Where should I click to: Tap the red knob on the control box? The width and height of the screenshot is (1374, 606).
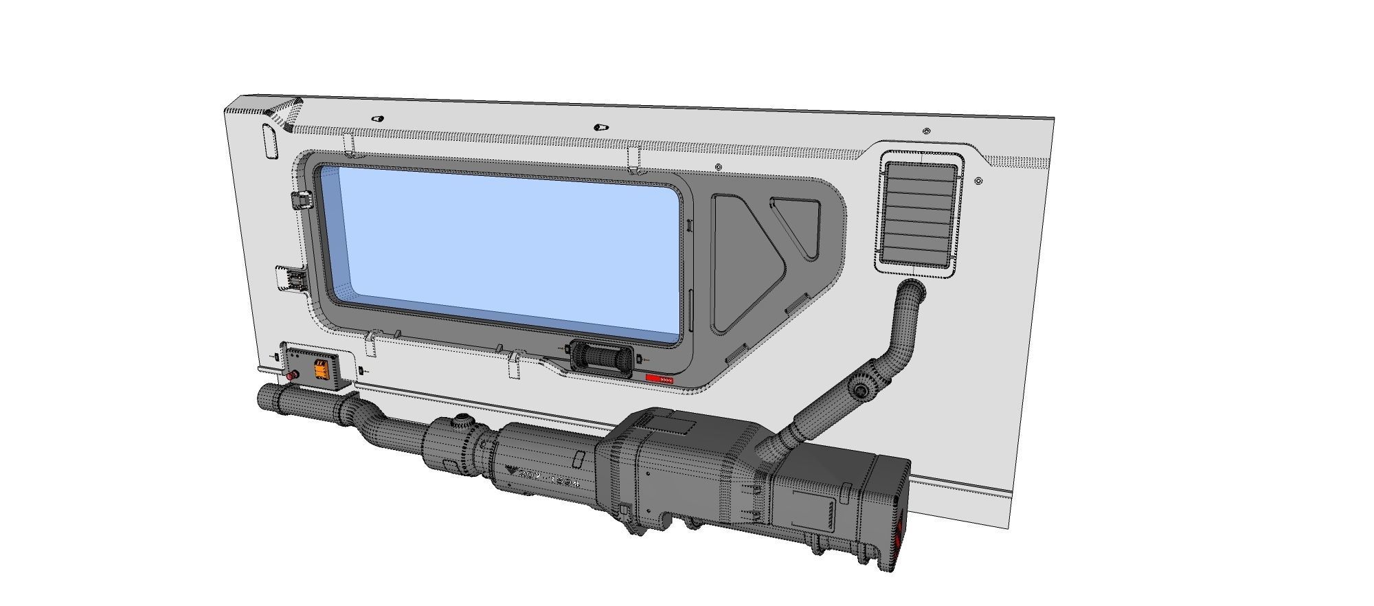click(x=291, y=376)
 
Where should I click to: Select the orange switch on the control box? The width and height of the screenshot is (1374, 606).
click(x=320, y=368)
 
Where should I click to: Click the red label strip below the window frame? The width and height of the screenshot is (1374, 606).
click(x=660, y=379)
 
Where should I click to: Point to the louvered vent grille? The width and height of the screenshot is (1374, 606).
click(x=920, y=213)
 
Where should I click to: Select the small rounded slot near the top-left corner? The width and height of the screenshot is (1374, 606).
click(x=269, y=141)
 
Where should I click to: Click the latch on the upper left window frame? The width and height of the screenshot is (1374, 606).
click(x=301, y=201)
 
